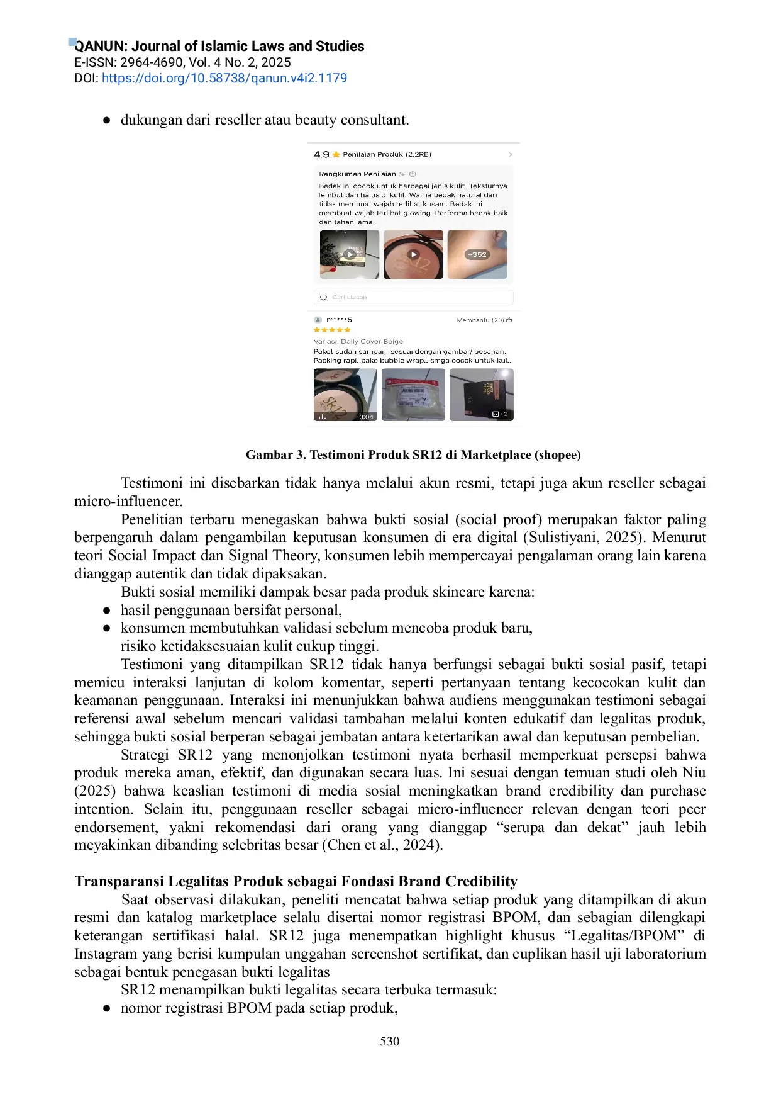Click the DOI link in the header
224,79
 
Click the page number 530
389,1042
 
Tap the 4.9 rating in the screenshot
321,155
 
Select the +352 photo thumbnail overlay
477,254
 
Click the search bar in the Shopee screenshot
413,297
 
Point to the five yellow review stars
332,330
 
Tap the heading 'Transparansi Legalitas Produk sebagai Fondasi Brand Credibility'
296,881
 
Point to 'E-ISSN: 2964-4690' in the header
128,62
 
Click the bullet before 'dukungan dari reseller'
107,120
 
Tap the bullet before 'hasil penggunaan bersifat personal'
107,611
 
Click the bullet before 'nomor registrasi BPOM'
107,1008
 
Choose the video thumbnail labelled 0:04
345,395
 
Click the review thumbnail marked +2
481,395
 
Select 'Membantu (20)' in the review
484,320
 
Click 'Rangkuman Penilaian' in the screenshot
357,174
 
